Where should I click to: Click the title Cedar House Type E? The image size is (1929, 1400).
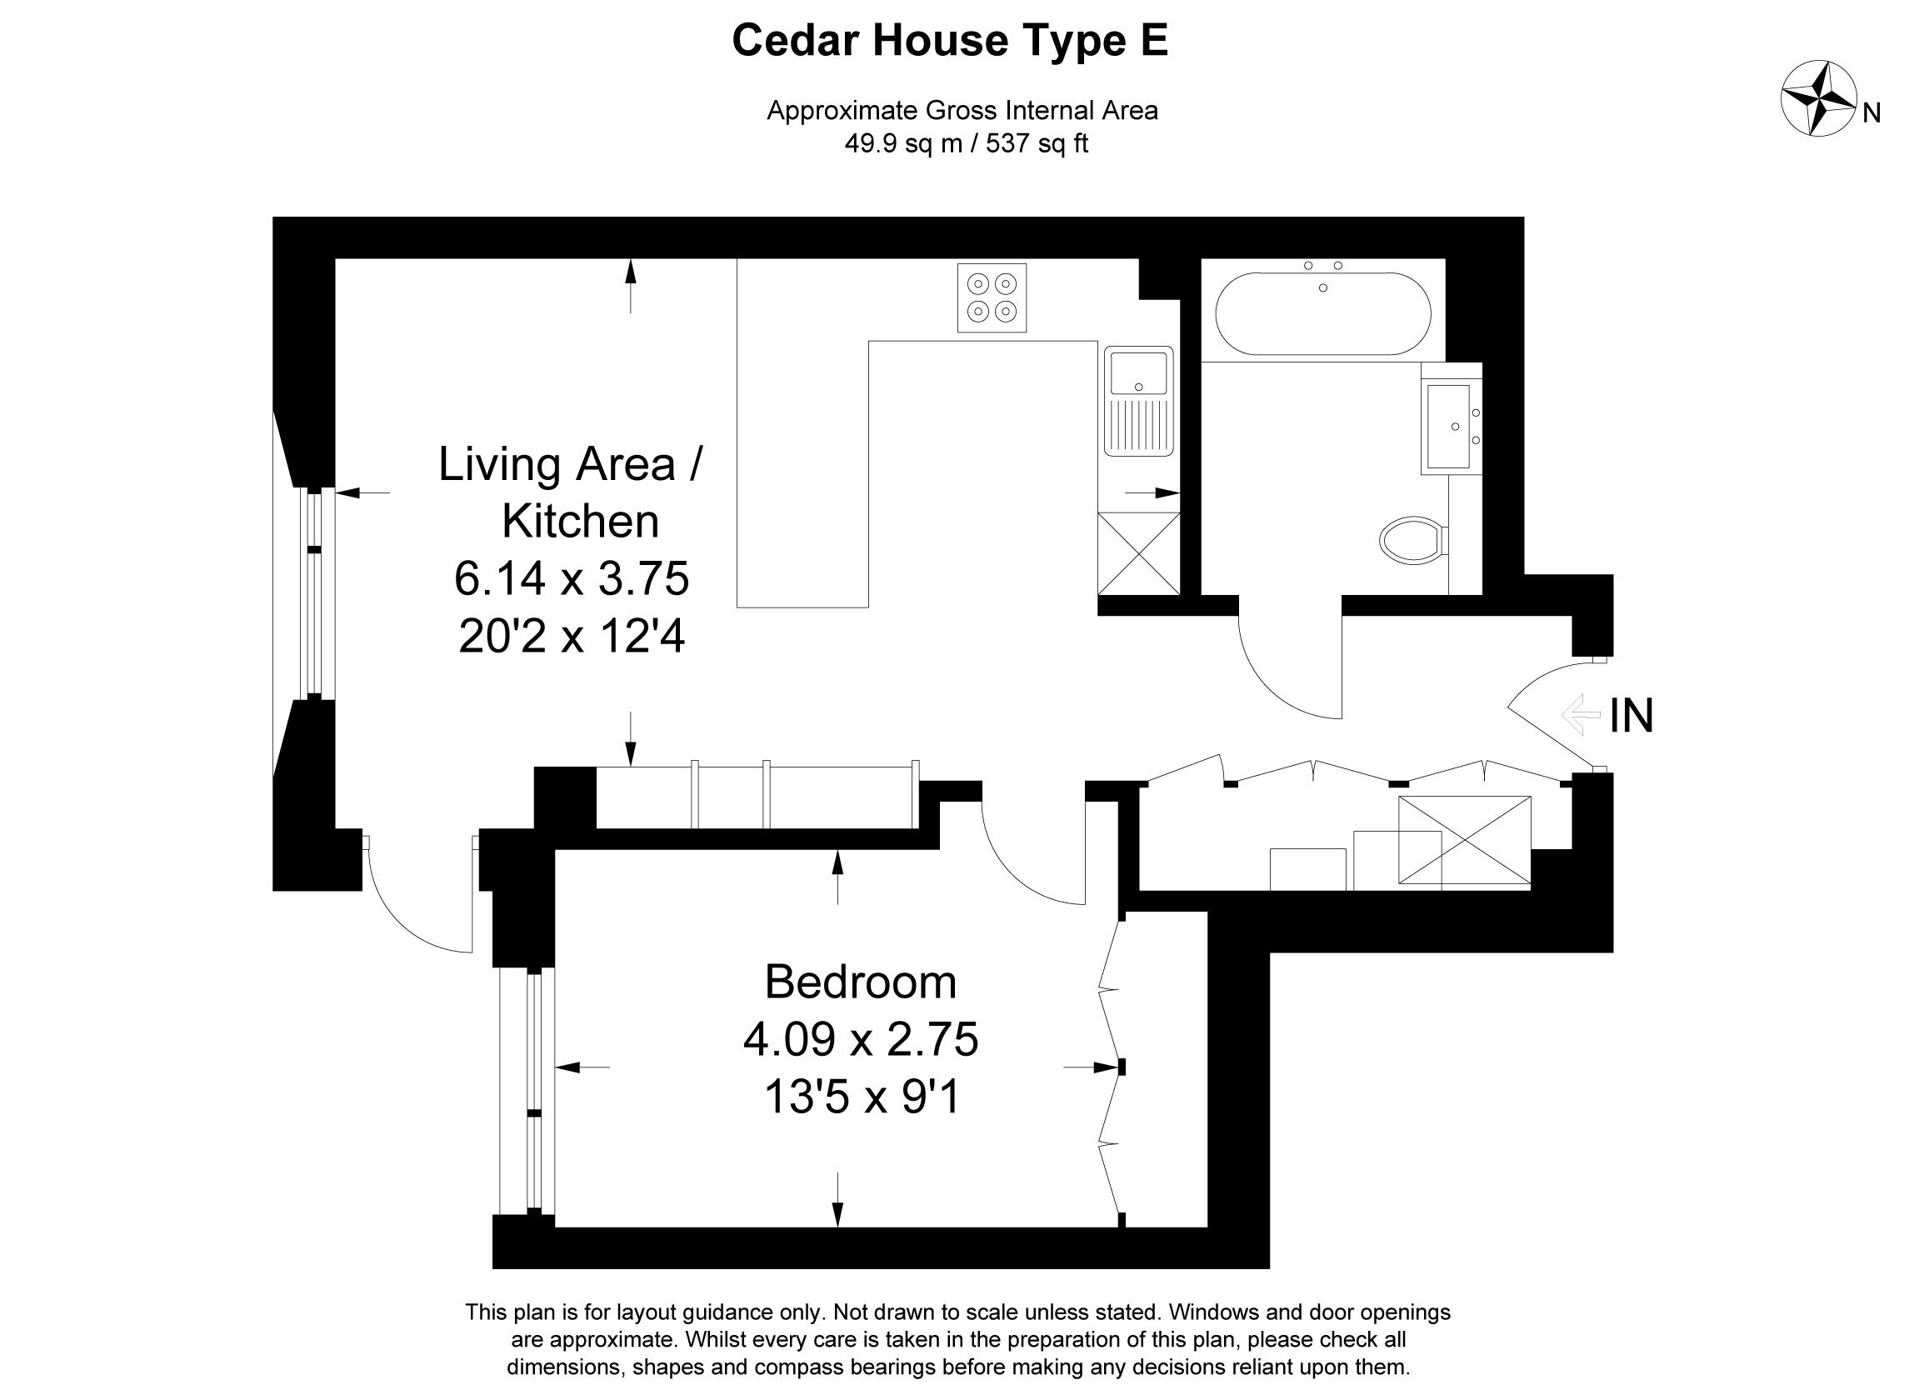tap(950, 40)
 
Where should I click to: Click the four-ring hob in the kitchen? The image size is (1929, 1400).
tap(992, 297)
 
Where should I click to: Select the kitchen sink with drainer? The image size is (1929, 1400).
tap(1139, 401)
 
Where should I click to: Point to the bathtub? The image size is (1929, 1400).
tap(1322, 313)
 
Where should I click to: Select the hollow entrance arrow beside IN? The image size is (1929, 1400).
tap(1582, 714)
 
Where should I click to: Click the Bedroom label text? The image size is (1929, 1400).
tap(861, 982)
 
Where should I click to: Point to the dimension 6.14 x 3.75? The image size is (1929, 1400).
tap(572, 579)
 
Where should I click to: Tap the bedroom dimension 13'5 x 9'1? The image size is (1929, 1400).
tap(862, 1097)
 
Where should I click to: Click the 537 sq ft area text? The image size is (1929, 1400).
tap(1037, 143)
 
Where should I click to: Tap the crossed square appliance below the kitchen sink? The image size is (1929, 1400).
tap(1139, 552)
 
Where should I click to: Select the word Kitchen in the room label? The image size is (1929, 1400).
tap(581, 522)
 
